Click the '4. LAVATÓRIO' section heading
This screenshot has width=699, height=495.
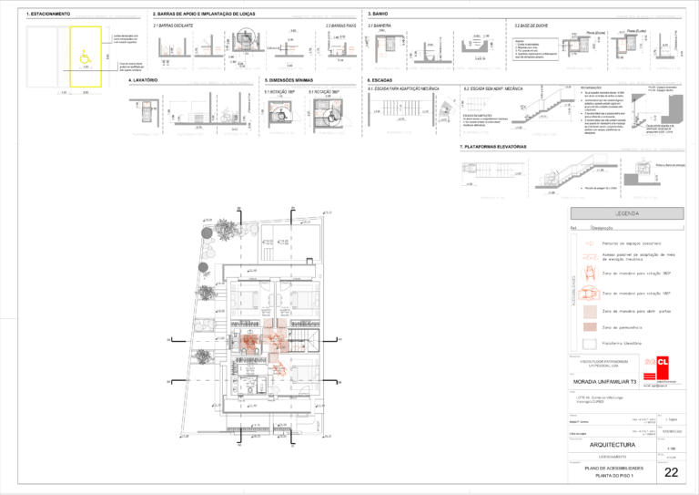tap(143, 80)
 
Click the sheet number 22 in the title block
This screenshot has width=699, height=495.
tap(672, 472)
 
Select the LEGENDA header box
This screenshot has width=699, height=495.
tap(627, 213)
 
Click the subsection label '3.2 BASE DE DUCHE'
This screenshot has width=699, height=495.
tap(532, 26)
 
